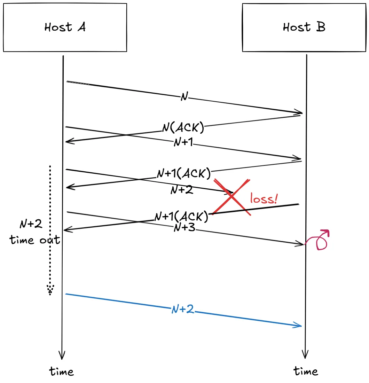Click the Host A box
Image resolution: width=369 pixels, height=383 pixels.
click(65, 28)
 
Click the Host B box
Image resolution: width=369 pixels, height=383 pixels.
click(304, 28)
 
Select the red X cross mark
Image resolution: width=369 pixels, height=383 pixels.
click(231, 197)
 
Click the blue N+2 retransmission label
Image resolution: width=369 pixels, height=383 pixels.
click(182, 310)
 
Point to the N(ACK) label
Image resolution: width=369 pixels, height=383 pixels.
click(183, 128)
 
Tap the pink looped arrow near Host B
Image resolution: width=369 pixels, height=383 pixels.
click(321, 240)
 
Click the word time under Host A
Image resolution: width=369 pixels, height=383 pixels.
click(62, 371)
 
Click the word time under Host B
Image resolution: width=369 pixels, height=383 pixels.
click(306, 371)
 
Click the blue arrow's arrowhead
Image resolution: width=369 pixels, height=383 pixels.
click(298, 326)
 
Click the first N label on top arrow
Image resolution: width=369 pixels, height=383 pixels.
click(184, 97)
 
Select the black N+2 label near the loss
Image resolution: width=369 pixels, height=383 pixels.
click(182, 190)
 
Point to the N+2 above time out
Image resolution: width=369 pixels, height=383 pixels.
click(31, 224)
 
